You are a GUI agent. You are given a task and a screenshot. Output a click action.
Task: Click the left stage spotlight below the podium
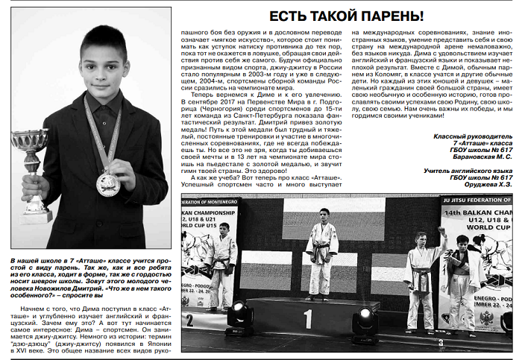pyautogui.click(x=239, y=316)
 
